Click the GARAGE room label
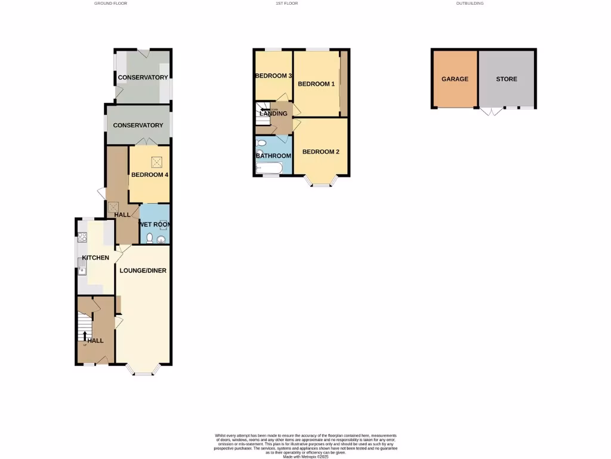[455, 79]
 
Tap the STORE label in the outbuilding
[507, 79]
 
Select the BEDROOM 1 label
[316, 84]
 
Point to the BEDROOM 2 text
[320, 152]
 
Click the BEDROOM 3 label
[273, 76]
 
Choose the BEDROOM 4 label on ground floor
[150, 175]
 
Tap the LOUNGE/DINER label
[143, 270]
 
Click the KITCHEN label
[95, 258]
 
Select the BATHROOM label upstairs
[273, 156]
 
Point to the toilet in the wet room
[149, 237]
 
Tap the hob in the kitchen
[82, 237]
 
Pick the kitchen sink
[82, 272]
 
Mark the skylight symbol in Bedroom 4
[158, 162]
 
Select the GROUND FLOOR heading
[110, 4]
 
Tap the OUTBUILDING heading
[470, 4]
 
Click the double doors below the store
[490, 112]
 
